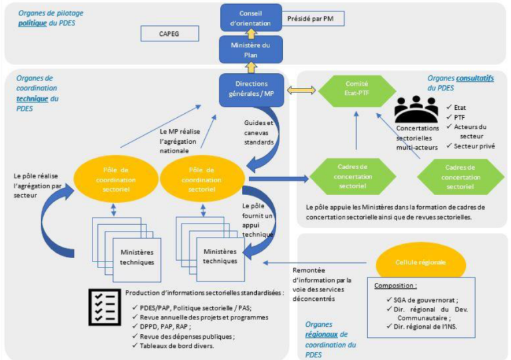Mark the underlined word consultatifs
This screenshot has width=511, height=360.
click(x=474, y=79)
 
